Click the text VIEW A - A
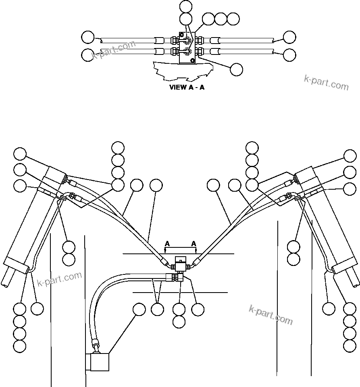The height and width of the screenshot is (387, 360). point(187,88)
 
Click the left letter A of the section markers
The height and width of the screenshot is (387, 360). point(167,244)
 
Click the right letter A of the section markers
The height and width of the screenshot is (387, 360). point(194,244)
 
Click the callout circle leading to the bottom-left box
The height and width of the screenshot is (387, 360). point(139,310)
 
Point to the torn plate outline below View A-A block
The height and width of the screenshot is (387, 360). point(181,71)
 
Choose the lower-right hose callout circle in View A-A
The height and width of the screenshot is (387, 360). point(289,54)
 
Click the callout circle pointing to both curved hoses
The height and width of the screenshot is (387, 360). point(157,310)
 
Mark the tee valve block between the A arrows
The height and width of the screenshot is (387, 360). point(180,265)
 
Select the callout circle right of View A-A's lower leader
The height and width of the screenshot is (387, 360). point(236,69)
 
